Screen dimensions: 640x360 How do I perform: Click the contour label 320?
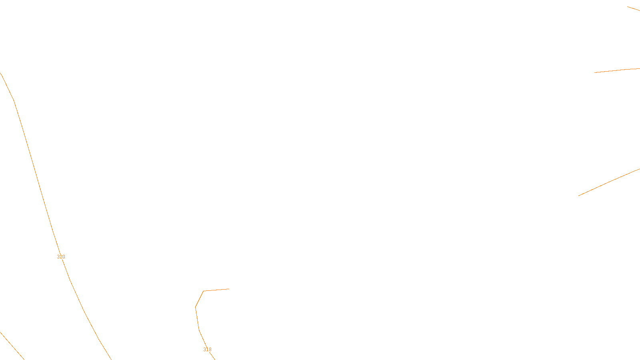tap(61, 257)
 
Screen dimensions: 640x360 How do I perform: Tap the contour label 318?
tap(207, 350)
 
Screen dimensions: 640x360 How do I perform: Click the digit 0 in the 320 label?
tap(63, 257)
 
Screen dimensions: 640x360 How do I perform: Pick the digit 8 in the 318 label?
tap(210, 350)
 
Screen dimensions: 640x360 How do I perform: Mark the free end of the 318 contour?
tap(229, 289)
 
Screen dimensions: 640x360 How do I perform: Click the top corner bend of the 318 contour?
tap(203, 291)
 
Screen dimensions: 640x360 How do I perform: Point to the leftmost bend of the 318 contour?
tap(195, 307)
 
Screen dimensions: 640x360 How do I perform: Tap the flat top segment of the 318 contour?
tap(216, 290)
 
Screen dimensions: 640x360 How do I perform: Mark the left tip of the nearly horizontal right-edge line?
tap(595, 72)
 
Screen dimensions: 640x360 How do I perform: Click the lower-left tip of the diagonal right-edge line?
tap(579, 196)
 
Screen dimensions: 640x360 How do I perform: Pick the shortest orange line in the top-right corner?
tap(634, 8)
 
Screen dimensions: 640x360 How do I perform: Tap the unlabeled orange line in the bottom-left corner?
tap(12, 346)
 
